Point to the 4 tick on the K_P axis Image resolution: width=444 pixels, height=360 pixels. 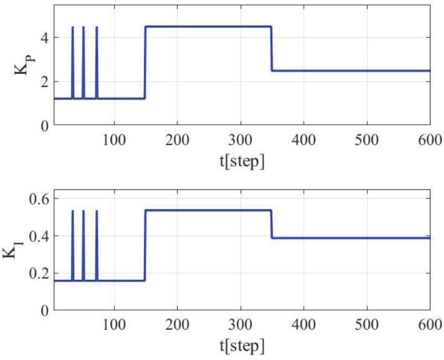45,38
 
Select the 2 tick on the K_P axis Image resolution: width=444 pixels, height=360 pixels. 45,81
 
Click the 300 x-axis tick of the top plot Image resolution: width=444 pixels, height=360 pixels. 241,140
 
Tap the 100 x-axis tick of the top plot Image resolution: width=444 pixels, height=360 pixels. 114,140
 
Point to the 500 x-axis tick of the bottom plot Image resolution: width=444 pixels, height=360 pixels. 367,325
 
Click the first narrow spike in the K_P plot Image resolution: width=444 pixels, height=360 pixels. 73,62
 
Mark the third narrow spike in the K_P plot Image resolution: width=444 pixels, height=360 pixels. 97,62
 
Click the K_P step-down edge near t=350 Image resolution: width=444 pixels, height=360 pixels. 271,49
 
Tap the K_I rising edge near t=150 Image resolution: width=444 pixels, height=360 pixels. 145,245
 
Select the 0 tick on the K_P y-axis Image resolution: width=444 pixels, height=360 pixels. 45,125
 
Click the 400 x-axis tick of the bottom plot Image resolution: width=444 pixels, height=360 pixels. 304,325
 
